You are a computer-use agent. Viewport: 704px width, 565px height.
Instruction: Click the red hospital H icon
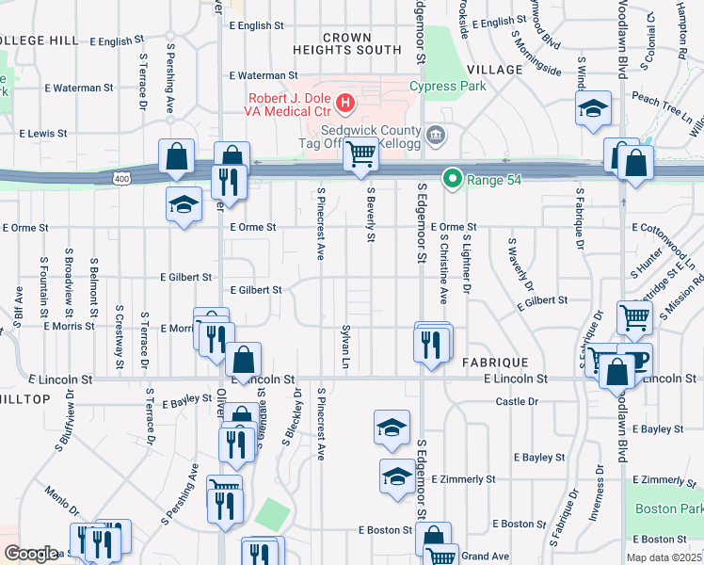[345, 101]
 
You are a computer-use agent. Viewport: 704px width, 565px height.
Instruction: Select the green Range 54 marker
[453, 177]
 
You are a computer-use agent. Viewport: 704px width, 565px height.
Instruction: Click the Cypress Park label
[447, 86]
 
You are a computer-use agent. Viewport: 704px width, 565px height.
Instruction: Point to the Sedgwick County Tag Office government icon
[435, 133]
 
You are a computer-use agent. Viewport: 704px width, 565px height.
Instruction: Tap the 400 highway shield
[121, 177]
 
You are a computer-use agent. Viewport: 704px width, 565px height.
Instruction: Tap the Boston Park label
[669, 508]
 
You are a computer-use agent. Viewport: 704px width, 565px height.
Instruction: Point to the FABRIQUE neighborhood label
[495, 362]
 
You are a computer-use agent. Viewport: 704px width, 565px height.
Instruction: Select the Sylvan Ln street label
[345, 349]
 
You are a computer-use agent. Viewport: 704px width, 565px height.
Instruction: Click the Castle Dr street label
[517, 401]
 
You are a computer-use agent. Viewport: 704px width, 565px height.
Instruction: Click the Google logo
[31, 554]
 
